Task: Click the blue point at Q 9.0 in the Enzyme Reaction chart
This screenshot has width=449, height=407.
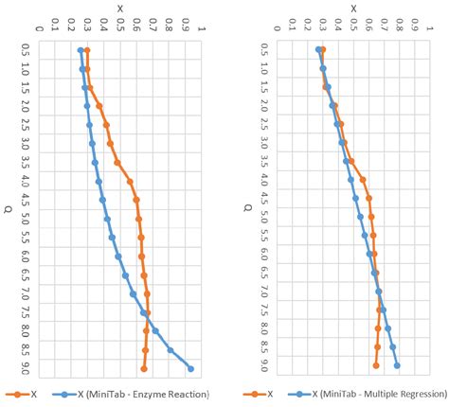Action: click(191, 369)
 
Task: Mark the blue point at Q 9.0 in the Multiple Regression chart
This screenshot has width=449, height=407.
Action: click(397, 365)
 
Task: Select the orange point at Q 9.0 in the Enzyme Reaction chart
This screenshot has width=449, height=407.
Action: click(144, 369)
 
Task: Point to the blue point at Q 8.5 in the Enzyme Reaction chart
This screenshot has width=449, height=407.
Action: click(171, 350)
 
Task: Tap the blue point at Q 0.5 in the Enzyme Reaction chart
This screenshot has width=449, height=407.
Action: click(81, 50)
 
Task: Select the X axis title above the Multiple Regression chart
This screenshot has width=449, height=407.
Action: click(352, 8)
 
